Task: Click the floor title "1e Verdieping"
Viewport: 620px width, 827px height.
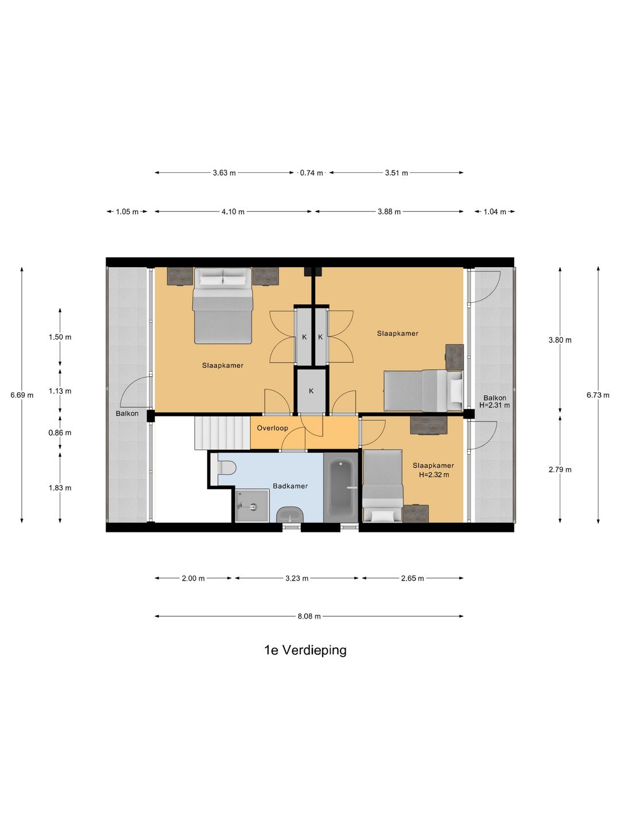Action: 305,650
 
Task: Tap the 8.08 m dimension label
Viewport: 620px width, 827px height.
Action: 309,616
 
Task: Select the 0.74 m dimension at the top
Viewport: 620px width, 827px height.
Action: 311,173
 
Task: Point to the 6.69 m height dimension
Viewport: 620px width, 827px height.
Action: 22,395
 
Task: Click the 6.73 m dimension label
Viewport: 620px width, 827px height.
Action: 598,395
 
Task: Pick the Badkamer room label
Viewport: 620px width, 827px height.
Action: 290,486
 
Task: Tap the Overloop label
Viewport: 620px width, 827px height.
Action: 272,428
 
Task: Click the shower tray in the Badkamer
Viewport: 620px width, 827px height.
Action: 252,505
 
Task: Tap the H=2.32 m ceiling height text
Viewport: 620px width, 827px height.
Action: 433,475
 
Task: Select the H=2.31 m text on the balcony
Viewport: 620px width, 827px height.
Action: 494,405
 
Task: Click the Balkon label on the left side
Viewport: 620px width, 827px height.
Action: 127,413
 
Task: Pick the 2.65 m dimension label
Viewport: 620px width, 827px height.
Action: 412,578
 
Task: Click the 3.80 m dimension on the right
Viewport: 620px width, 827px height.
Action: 560,340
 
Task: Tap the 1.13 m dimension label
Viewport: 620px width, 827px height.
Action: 60,391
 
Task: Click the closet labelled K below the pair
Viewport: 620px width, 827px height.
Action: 311,391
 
